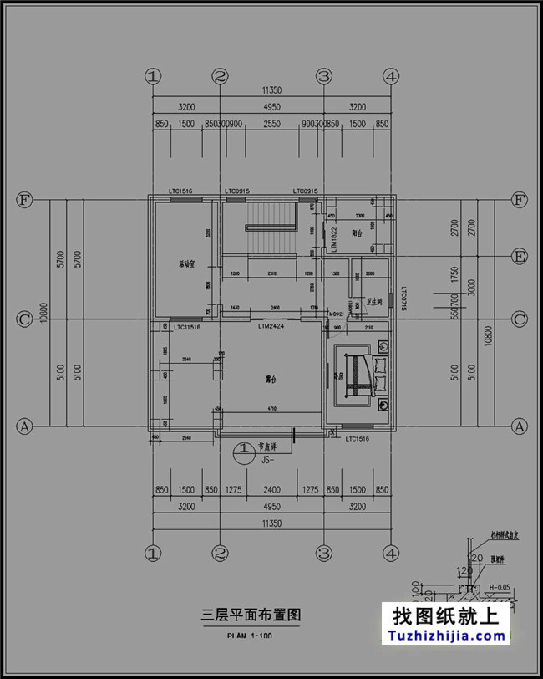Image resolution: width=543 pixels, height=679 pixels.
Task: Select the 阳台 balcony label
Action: [357, 233]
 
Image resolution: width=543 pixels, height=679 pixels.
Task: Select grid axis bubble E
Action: [519, 255]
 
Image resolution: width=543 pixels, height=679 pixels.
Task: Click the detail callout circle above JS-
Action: [243, 451]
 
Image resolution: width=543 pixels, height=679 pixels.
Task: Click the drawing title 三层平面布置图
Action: [251, 615]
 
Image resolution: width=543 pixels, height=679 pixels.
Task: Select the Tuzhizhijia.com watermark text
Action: [447, 636]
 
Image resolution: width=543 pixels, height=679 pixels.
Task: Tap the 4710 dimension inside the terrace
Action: [271, 409]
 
